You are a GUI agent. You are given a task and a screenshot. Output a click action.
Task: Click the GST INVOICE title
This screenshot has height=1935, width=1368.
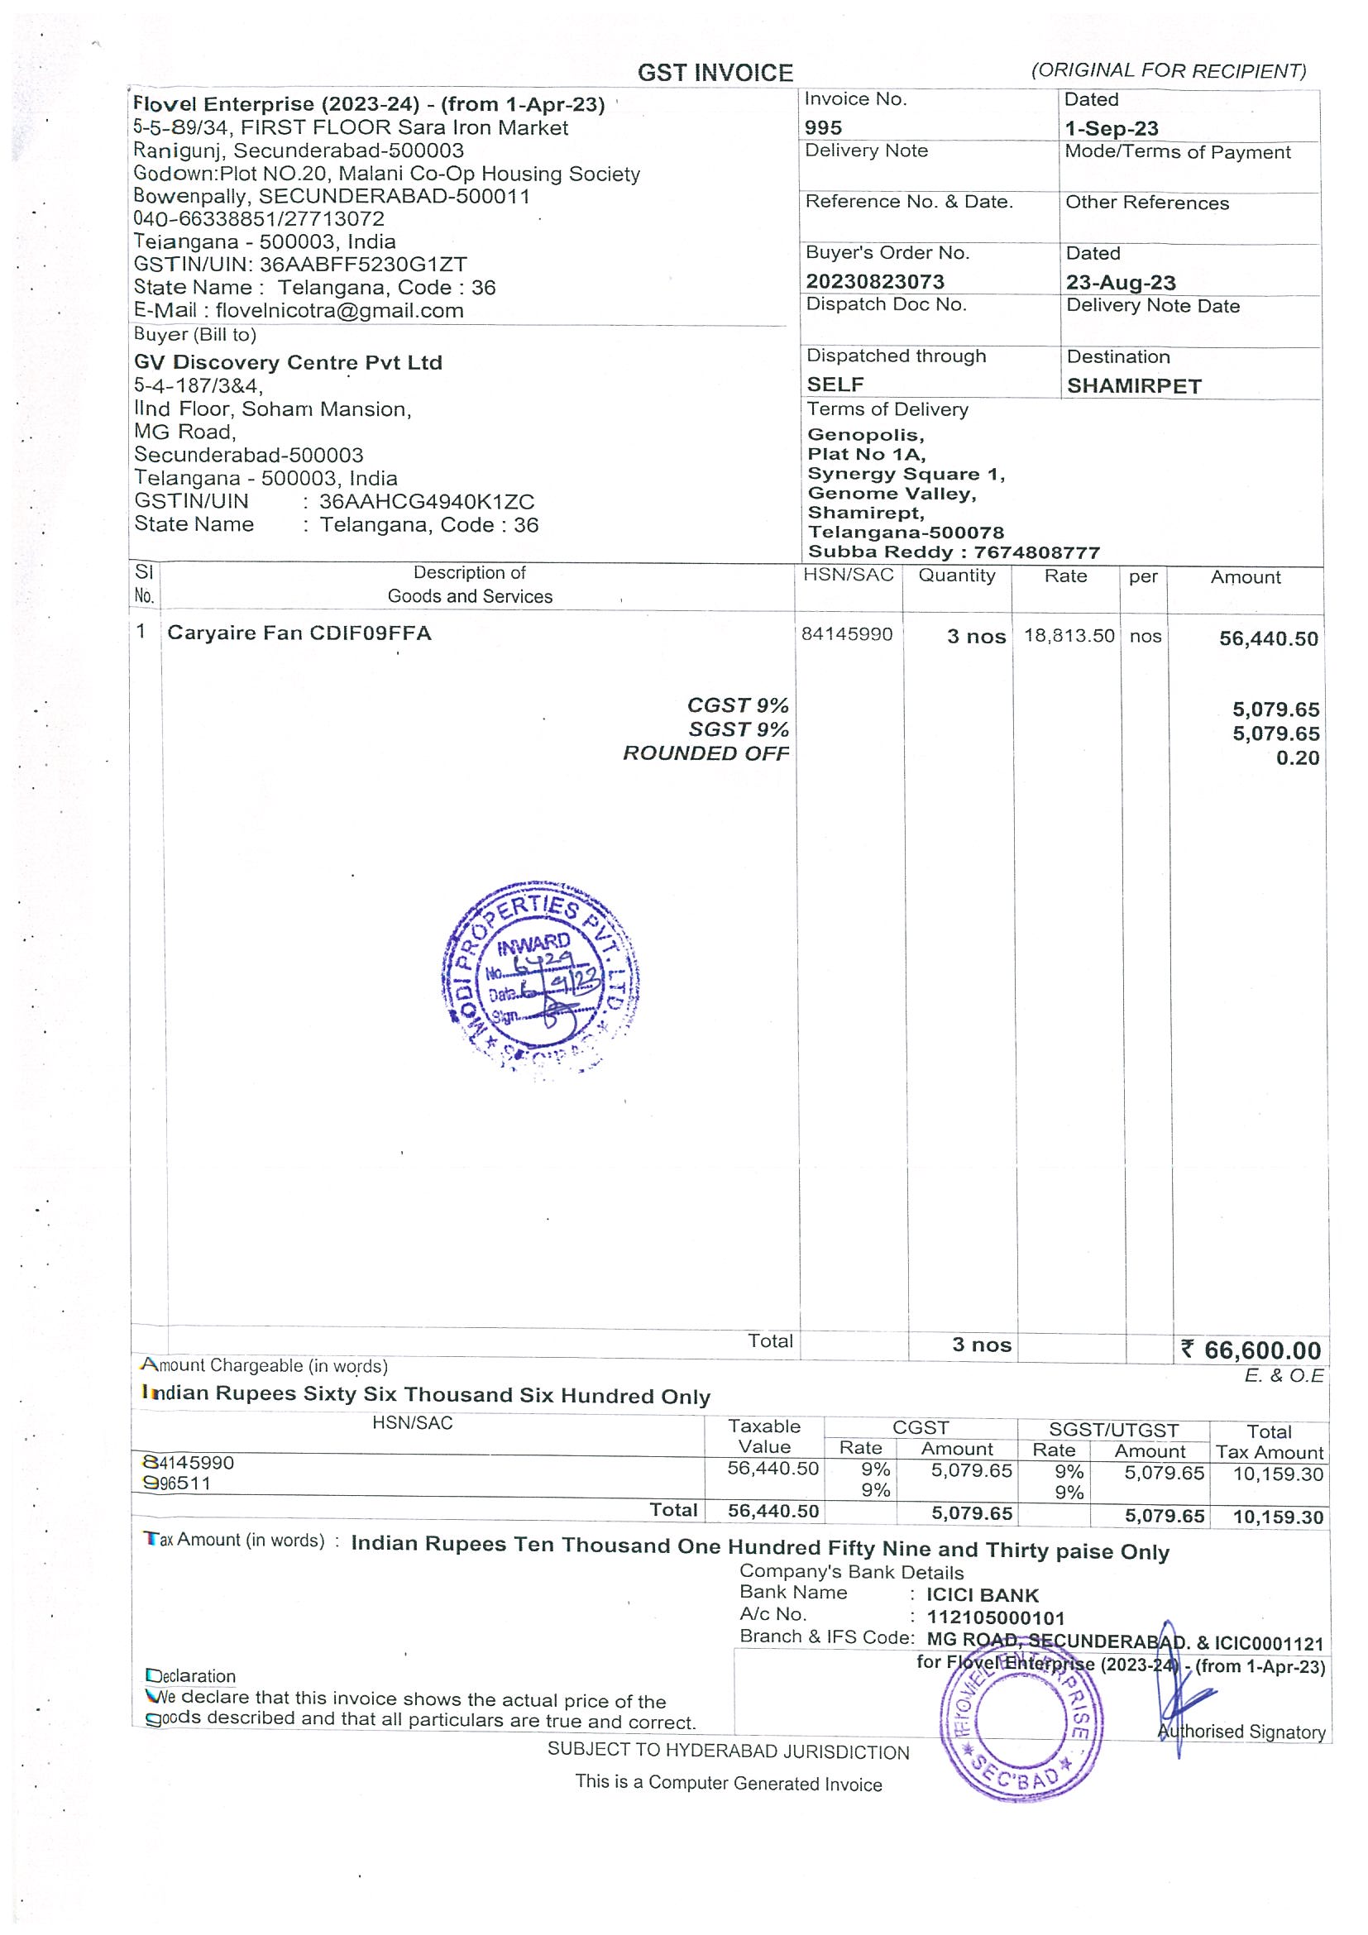tap(715, 74)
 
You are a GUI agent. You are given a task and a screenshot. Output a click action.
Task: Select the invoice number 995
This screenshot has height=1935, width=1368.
tap(823, 128)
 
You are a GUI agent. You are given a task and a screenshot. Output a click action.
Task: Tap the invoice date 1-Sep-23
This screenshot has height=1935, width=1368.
tap(1111, 129)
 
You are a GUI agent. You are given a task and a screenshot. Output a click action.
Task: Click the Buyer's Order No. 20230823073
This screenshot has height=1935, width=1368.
tap(875, 281)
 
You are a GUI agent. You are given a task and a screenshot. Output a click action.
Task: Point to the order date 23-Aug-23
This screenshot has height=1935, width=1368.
tap(1120, 282)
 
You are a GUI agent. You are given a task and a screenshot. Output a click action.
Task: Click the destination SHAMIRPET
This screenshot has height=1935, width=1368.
tap(1134, 386)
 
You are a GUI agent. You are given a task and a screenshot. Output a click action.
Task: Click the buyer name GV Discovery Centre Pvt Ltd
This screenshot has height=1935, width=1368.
tap(288, 362)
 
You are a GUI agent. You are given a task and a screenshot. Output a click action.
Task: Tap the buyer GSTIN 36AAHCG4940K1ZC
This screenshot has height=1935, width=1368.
tap(427, 501)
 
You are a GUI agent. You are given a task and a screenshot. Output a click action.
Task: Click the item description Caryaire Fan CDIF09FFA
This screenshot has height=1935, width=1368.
tap(299, 633)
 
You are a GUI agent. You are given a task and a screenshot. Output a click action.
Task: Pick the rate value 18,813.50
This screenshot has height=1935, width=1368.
tap(1069, 636)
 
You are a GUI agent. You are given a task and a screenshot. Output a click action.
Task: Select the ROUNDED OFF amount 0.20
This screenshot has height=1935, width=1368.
tap(1297, 757)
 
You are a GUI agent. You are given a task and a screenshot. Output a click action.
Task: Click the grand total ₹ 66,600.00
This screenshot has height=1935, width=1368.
tap(1251, 1350)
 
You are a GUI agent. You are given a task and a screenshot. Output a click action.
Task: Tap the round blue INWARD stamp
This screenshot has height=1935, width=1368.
tap(540, 977)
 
